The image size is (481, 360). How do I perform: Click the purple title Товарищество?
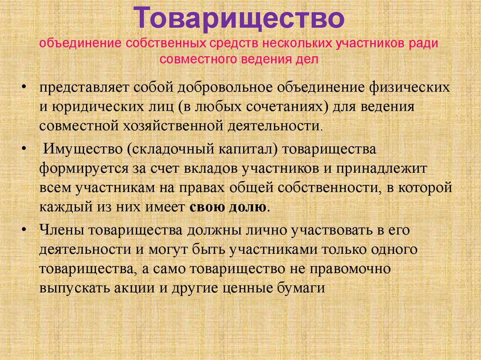[x=240, y=19]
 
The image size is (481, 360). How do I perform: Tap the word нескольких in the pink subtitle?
[x=295, y=44]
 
